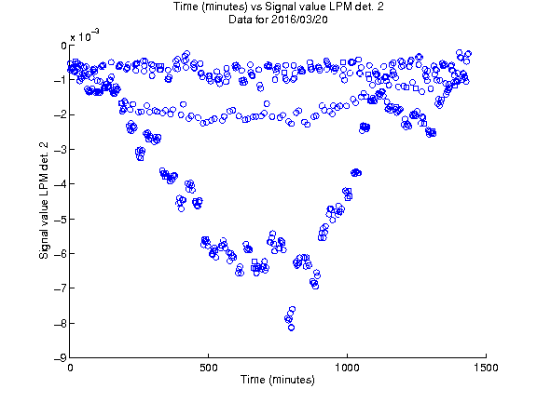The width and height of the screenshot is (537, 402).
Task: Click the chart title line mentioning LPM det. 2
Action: point(278,7)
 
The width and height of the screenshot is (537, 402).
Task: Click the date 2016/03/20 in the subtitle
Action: point(299,20)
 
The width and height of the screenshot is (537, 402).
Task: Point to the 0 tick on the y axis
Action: point(63,46)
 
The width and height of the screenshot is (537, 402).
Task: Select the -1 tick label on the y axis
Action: point(61,80)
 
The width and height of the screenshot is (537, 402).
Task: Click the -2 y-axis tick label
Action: point(61,114)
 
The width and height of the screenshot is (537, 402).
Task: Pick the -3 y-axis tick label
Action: point(61,150)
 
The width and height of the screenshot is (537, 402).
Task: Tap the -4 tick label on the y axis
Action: point(61,184)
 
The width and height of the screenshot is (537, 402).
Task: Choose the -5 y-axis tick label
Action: point(61,219)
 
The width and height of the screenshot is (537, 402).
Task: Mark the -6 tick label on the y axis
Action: point(61,254)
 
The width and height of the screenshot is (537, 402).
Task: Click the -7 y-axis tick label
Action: point(61,288)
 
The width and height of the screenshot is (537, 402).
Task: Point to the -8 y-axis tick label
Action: point(61,323)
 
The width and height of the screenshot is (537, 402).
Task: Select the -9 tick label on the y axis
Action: point(61,358)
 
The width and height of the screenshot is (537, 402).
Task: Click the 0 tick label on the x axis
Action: point(70,368)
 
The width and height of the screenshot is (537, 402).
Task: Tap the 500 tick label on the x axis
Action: point(209,368)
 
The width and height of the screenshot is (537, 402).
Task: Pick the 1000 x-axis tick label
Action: point(347,368)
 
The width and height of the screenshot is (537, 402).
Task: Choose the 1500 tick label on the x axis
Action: point(486,368)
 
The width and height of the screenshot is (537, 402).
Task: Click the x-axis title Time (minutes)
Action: point(278,380)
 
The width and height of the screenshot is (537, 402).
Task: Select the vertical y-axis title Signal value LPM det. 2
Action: point(44,201)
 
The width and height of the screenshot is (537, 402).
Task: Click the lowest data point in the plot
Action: point(292,328)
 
